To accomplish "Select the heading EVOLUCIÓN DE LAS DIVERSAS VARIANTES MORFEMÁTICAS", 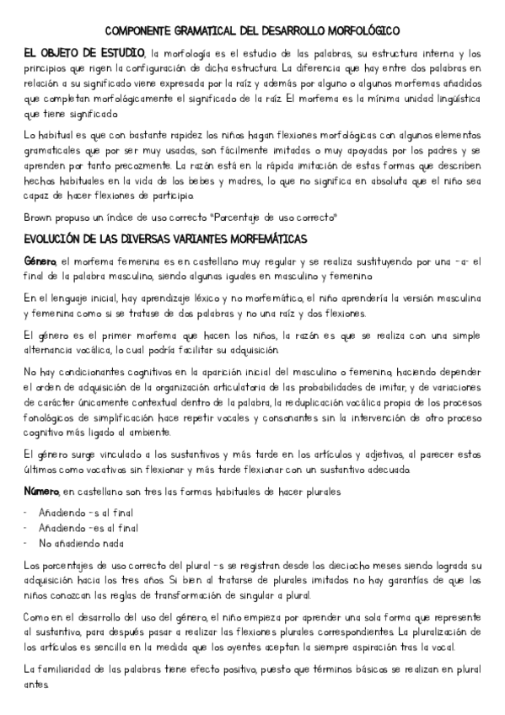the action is pyautogui.click(x=165, y=239).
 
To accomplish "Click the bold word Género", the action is pyautogui.click(x=41, y=262).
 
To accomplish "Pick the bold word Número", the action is pyautogui.click(x=42, y=490).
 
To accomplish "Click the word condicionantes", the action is pyautogui.click(x=89, y=373).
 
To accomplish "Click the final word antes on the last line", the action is pyautogui.click(x=37, y=685).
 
